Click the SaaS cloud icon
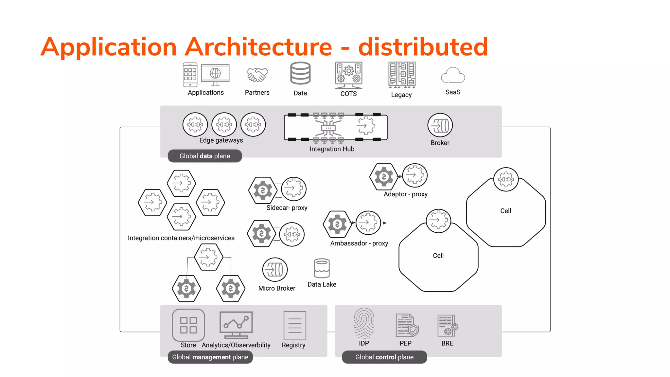[x=453, y=76]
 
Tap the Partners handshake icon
[x=257, y=75]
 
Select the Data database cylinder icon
[x=300, y=73]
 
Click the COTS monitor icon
[x=349, y=75]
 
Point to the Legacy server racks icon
[x=402, y=75]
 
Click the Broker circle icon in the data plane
[x=440, y=125]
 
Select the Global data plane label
[x=205, y=156]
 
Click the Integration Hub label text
[x=332, y=149]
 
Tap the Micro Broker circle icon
[x=275, y=270]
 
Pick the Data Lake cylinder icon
[x=322, y=268]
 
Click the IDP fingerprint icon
[x=364, y=323]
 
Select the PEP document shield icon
[x=407, y=325]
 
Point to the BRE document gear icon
[x=447, y=326]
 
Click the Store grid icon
[x=188, y=325]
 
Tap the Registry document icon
[x=295, y=326]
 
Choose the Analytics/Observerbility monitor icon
[x=236, y=325]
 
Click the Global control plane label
[x=384, y=357]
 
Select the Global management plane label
[x=210, y=357]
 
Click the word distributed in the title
[x=423, y=47]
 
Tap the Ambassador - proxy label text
[x=359, y=243]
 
